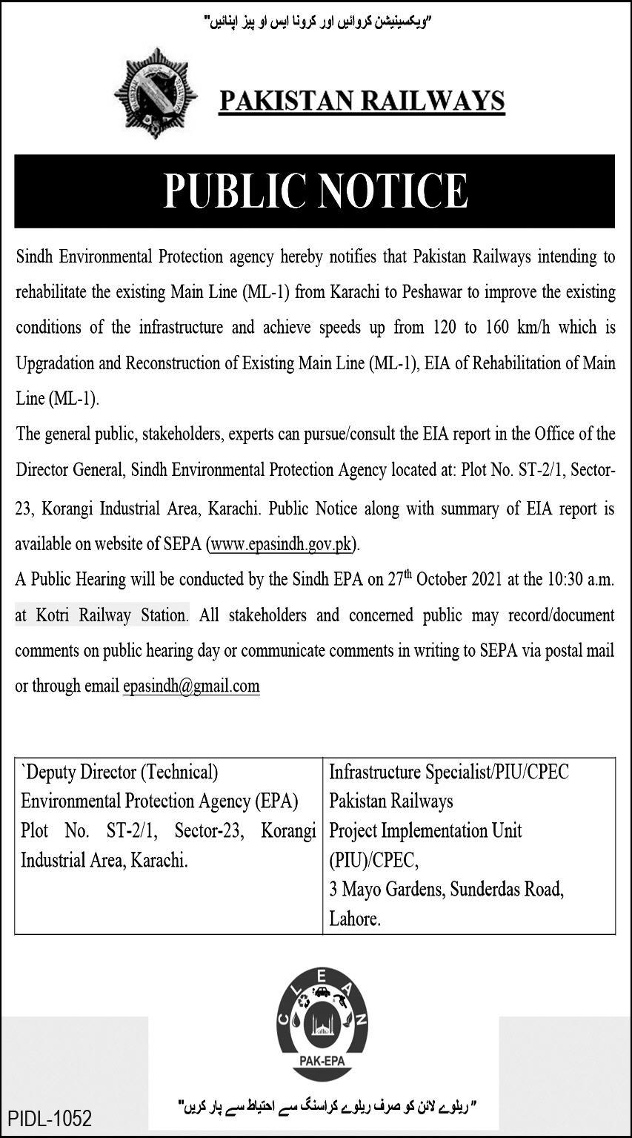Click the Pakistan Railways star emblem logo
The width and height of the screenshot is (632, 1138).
156,93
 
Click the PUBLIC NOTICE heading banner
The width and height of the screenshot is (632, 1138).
315,191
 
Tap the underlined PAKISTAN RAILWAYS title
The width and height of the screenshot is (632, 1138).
362,101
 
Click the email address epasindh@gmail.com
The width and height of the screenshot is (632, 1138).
191,686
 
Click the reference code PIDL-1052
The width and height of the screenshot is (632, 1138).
50,1117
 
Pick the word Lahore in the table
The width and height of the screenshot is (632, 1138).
355,919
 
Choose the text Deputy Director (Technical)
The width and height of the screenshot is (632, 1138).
120,773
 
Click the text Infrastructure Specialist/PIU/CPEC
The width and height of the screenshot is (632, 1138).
449,773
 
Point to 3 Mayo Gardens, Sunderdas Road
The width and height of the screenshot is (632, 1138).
447,890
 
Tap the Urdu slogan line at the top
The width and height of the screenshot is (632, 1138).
316,23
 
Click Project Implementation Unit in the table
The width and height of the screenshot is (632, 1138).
425,830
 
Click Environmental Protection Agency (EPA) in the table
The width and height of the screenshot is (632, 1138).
159,801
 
